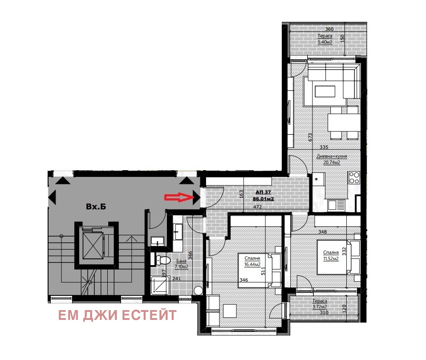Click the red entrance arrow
[x=178, y=197]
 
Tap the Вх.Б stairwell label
[x=96, y=207]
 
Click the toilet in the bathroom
[x=162, y=260]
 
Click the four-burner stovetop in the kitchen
[x=354, y=178]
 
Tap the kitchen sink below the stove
[x=336, y=205]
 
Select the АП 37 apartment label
[x=263, y=192]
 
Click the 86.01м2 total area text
[x=263, y=199]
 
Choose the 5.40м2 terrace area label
[x=325, y=42]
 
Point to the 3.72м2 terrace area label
[x=320, y=307]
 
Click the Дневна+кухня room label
[x=332, y=157]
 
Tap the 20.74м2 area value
[x=332, y=163]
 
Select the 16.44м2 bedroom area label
[x=252, y=264]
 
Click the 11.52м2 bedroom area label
[x=331, y=258]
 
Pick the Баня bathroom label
[x=181, y=261]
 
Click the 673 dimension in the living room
[x=310, y=137]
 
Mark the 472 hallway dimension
[x=258, y=207]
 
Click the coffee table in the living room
[x=325, y=91]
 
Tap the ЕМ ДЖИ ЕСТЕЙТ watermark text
[x=118, y=315]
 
